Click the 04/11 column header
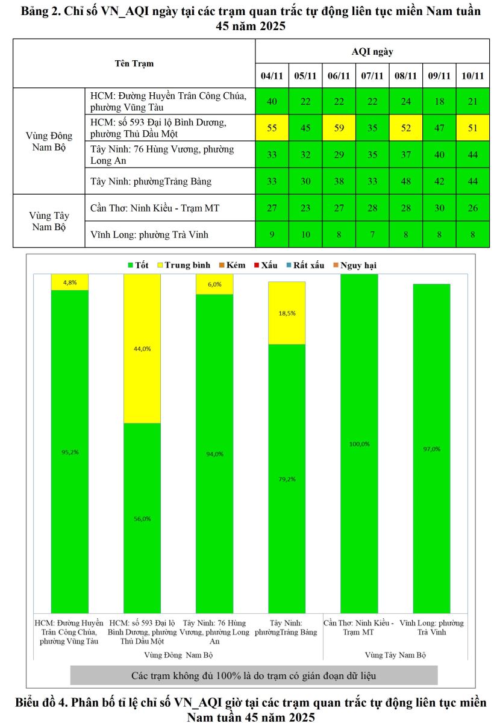tap(272, 76)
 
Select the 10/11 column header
tap(472, 76)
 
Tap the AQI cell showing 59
tap(339, 128)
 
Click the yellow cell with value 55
tap(272, 128)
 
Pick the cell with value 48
tap(405, 181)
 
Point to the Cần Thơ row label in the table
tap(155, 208)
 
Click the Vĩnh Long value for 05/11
tap(305, 234)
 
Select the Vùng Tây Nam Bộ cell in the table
tap(49, 221)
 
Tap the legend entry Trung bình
tap(185, 265)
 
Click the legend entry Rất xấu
tap(310, 265)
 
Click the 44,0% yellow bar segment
tap(142, 348)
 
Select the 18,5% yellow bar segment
tap(287, 313)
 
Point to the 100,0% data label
tap(359, 443)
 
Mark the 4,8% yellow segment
tap(70, 282)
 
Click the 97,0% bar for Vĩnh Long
tap(431, 448)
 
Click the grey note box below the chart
tap(254, 675)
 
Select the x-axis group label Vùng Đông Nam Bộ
tap(178, 654)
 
